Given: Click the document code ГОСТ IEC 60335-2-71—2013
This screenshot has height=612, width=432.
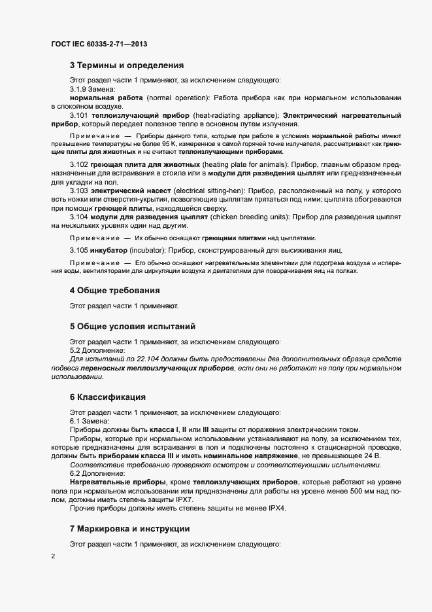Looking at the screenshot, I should [x=98, y=44].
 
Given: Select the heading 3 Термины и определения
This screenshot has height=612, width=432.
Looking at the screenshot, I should [x=126, y=65].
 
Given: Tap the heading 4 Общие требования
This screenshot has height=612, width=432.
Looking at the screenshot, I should [x=114, y=290].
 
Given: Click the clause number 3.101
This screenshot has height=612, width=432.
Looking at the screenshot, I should [x=80, y=115].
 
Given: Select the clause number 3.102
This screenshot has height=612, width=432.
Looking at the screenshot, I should [x=80, y=164].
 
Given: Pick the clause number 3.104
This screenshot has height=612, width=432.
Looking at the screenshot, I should [x=80, y=215].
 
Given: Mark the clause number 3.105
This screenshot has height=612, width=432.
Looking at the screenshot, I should [x=80, y=251].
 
